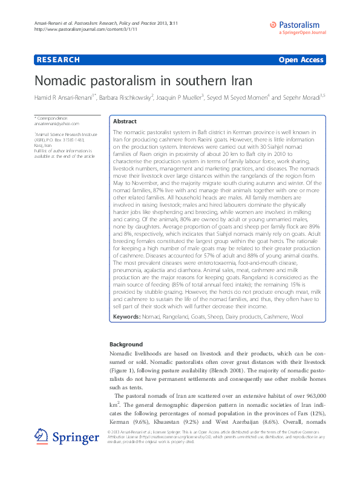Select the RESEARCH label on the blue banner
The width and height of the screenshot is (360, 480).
(x=58, y=60)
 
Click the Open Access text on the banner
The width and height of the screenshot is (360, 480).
(x=301, y=60)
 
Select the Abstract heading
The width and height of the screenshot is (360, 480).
(x=125, y=121)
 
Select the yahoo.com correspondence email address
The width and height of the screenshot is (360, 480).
(x=53, y=123)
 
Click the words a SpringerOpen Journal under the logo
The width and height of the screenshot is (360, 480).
(x=302, y=34)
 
